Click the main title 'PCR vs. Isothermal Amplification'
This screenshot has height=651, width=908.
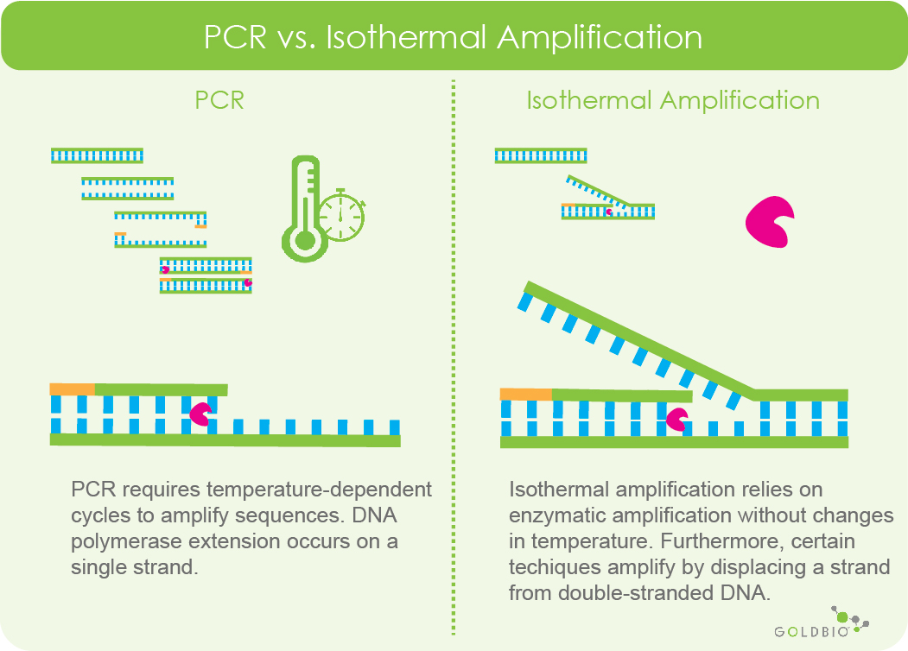tap(453, 38)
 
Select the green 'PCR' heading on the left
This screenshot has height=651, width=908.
tap(219, 100)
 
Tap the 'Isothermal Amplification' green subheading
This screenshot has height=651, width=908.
tap(673, 100)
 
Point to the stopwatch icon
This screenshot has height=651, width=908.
tap(341, 214)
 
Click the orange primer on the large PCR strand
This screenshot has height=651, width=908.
tap(72, 389)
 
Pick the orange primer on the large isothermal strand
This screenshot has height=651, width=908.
tap(525, 395)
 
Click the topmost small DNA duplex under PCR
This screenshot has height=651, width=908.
tap(97, 155)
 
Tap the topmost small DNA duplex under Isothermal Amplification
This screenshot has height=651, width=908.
tap(541, 155)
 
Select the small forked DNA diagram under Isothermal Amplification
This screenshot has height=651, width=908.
tap(608, 200)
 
